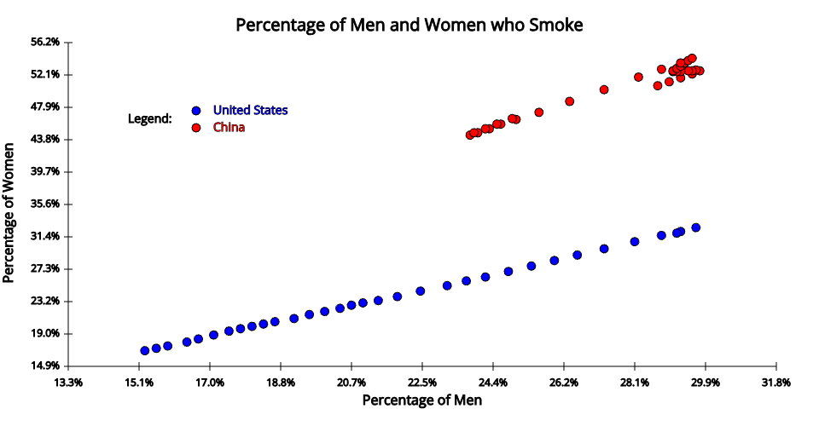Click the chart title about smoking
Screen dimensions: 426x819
(409, 25)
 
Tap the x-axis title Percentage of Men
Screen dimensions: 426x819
(422, 400)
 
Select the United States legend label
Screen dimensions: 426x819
(250, 110)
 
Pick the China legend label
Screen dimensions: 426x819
(229, 128)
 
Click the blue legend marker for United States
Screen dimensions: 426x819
(196, 111)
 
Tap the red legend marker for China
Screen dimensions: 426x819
(196, 128)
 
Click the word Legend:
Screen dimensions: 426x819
(149, 118)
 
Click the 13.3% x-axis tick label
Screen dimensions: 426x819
(68, 382)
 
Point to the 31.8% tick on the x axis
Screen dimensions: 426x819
(775, 382)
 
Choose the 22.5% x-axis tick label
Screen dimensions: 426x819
(422, 382)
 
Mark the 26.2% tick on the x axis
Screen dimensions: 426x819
(564, 382)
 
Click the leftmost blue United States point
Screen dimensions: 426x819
(145, 350)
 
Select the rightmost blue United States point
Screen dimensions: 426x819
(696, 227)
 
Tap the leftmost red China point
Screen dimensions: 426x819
(470, 135)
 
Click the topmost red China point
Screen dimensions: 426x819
(692, 58)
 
